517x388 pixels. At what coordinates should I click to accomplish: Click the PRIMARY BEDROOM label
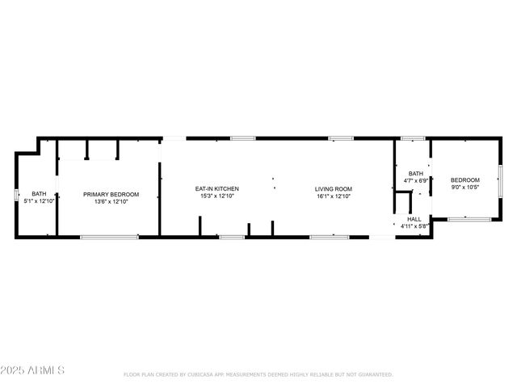(111, 194)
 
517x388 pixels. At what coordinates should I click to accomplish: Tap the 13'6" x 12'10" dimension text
(111, 201)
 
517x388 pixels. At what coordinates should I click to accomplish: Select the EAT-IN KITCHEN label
(217, 189)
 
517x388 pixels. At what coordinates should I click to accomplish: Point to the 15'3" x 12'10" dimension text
(217, 196)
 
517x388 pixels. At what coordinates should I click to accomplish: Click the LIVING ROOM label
(334, 189)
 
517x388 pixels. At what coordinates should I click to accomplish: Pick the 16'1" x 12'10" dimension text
(334, 196)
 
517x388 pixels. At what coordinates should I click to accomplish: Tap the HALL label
(414, 219)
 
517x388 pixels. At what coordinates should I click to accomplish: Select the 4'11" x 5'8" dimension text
(414, 226)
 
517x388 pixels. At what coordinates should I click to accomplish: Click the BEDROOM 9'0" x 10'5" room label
(464, 180)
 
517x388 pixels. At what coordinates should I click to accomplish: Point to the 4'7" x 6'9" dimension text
(416, 181)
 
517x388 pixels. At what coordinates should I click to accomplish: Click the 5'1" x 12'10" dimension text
(39, 201)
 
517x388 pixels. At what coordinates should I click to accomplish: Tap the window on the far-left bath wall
(15, 195)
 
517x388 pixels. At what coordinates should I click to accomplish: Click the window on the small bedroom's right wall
(500, 179)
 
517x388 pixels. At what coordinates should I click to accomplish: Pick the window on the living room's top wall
(340, 138)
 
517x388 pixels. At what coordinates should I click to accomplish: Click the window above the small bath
(413, 138)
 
